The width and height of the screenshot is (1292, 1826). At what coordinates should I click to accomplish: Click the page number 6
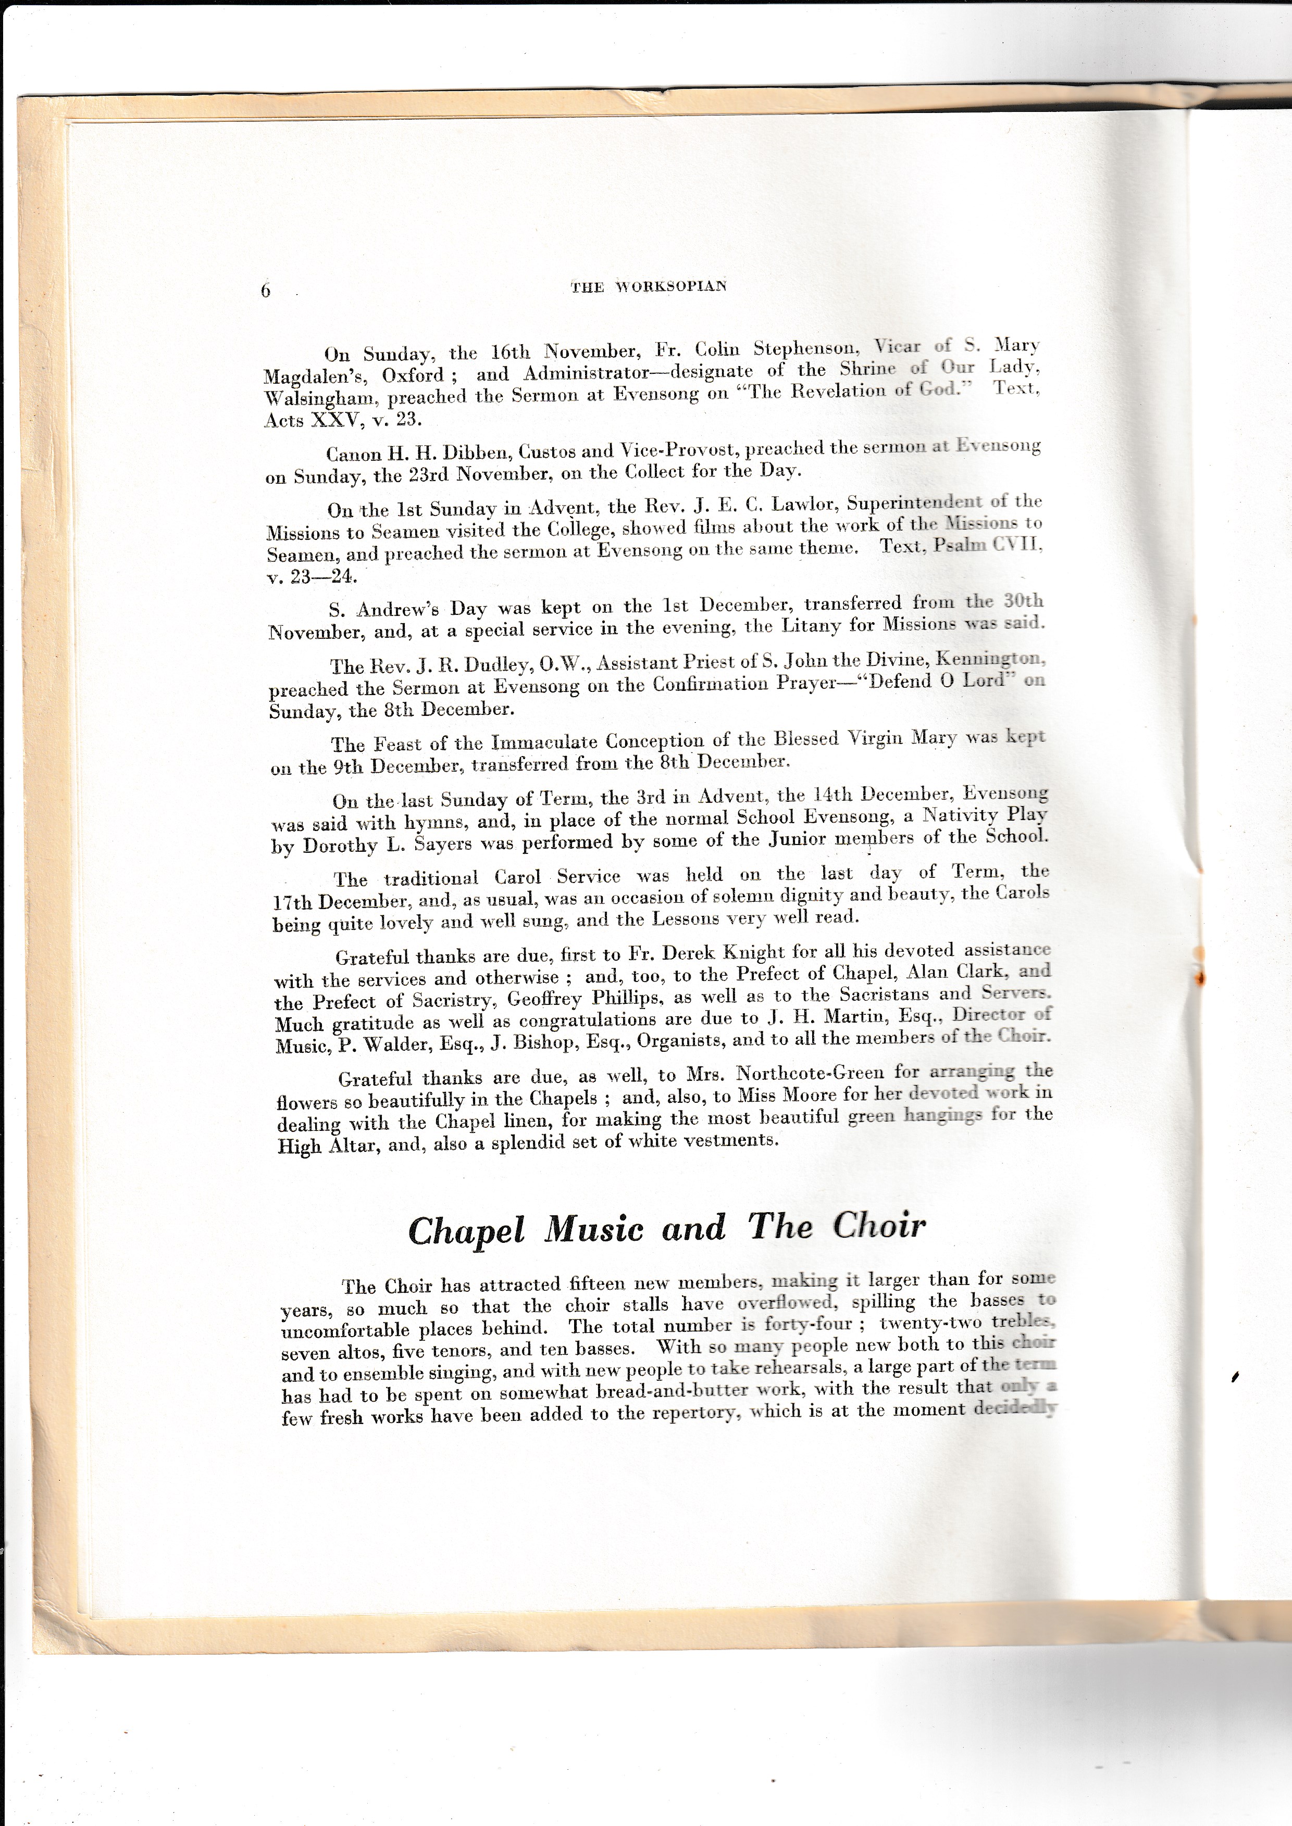[x=266, y=291]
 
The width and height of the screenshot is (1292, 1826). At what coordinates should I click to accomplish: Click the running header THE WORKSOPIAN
[x=649, y=287]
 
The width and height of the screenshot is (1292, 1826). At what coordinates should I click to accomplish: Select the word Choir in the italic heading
[x=879, y=1226]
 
